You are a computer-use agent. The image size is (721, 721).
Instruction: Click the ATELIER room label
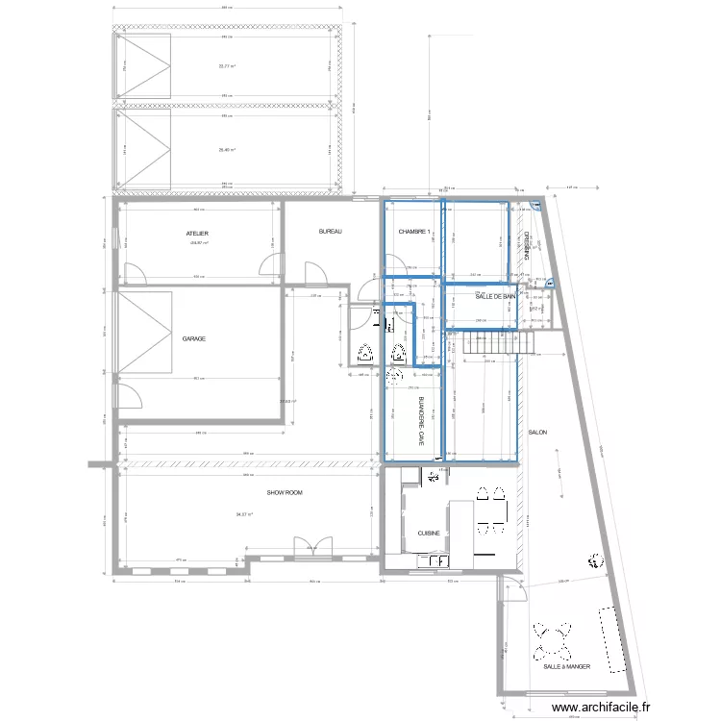click(198, 234)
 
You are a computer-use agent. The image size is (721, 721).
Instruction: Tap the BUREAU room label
click(331, 232)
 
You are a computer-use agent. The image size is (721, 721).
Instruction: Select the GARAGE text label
click(194, 339)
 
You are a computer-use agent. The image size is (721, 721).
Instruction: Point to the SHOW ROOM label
click(285, 492)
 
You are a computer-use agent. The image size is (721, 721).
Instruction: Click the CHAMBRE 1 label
click(415, 232)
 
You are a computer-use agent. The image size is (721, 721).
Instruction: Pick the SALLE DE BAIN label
click(496, 297)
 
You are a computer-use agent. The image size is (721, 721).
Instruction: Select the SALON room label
click(537, 434)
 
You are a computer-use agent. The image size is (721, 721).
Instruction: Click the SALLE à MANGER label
click(566, 666)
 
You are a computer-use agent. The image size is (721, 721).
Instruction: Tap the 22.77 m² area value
click(227, 66)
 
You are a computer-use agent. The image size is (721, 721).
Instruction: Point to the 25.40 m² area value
click(227, 149)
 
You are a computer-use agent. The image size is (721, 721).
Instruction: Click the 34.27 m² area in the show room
click(243, 514)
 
